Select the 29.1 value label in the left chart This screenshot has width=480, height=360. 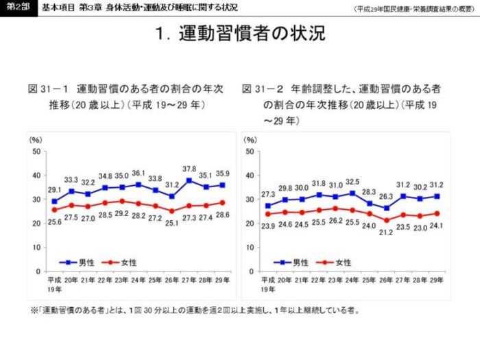point(54,190)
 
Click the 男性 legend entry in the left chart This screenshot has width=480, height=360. point(82,262)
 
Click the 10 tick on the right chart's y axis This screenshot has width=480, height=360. point(250,248)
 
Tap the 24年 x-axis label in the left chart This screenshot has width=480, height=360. point(139,280)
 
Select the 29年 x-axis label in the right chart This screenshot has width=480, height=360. point(435,280)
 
